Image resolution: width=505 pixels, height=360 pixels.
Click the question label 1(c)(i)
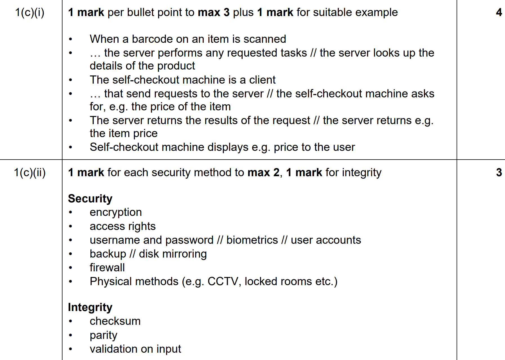[x=30, y=13]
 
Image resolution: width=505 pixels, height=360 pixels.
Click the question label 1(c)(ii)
[x=30, y=173]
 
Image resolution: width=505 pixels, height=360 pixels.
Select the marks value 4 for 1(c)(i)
[x=499, y=12]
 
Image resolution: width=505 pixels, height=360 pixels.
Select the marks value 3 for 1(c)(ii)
[x=499, y=173]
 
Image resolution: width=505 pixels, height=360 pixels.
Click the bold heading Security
[x=90, y=199]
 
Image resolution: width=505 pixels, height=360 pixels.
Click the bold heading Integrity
[x=90, y=307]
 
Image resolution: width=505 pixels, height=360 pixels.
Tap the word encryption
[x=116, y=213]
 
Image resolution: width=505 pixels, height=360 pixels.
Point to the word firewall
[x=107, y=268]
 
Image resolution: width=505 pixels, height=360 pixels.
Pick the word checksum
[x=115, y=321]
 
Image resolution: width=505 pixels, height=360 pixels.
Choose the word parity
[x=103, y=335]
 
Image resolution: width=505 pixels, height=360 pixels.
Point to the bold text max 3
[x=214, y=12]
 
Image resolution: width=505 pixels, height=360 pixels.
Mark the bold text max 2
[x=263, y=173]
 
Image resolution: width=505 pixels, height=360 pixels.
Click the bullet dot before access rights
[x=70, y=226]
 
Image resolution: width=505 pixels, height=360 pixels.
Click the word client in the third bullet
[x=262, y=80]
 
